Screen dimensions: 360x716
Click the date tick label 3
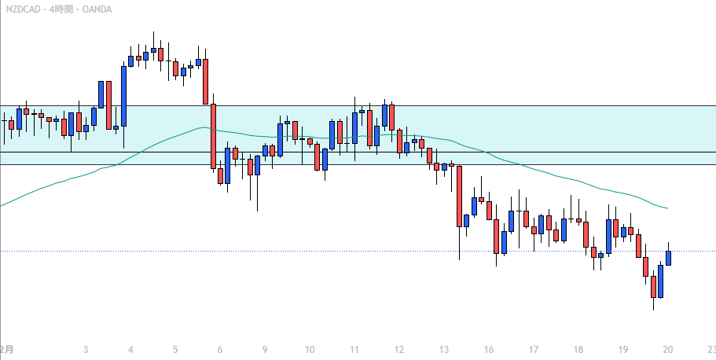tap(85, 350)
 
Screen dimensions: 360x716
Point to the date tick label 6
tap(220, 350)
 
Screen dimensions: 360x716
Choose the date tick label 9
tap(265, 350)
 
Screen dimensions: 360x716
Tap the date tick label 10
tap(310, 350)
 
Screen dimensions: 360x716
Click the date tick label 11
tap(354, 350)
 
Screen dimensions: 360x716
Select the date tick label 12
tap(399, 350)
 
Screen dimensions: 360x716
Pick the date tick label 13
tap(444, 350)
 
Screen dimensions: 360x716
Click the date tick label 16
tap(489, 350)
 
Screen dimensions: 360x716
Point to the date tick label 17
tap(534, 350)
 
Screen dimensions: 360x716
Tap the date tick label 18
tap(578, 350)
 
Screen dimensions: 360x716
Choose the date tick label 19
tap(623, 350)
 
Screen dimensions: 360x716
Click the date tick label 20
tap(668, 350)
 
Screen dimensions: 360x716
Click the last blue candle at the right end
tap(669, 258)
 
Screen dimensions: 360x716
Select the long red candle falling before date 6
tap(213, 136)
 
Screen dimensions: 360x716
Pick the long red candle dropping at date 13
tap(459, 197)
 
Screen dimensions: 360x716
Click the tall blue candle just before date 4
tap(123, 95)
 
